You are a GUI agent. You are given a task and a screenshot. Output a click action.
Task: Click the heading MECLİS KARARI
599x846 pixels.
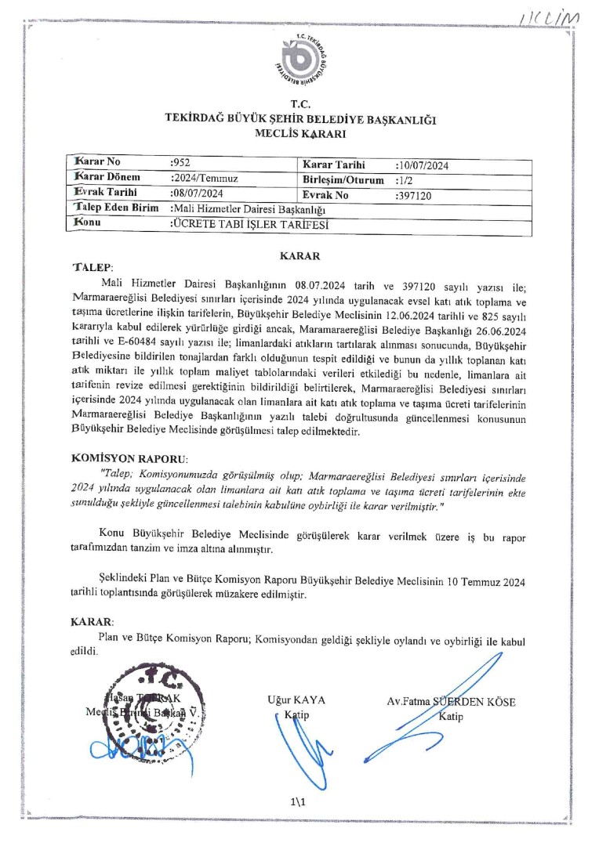coord(300,134)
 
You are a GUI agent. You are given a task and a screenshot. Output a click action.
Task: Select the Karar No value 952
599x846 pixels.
coord(180,164)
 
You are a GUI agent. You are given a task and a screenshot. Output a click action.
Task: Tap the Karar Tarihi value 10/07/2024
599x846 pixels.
coord(423,165)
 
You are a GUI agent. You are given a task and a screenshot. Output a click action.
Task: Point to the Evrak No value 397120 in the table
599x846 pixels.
coord(416,194)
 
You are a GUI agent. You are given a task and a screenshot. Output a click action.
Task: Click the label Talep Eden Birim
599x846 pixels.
coord(115,208)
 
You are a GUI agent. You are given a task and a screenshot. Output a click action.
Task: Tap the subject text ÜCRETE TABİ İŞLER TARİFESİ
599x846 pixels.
coord(249,223)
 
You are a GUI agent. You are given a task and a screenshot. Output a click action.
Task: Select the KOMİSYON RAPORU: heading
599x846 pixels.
coord(129,457)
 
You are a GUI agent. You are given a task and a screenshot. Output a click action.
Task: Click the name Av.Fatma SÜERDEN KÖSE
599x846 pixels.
coord(451,702)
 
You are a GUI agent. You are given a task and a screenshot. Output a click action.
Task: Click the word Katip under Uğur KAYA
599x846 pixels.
coord(296,715)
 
